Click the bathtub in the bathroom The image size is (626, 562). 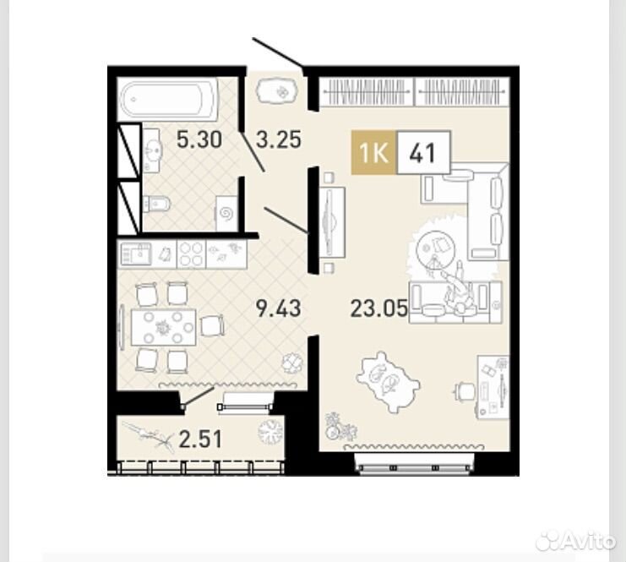click(167, 100)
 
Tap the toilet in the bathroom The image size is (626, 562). click(156, 204)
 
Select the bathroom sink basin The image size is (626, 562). click(153, 150)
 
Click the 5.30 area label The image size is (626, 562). click(199, 140)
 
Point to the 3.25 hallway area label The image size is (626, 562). click(279, 139)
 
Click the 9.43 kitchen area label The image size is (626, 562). click(279, 308)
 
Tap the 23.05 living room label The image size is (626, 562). click(378, 308)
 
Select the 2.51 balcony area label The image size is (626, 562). click(200, 439)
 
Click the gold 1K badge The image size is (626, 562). click(373, 152)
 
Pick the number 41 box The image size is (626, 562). click(423, 152)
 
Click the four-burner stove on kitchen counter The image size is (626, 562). click(191, 254)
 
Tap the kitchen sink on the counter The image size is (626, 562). click(136, 254)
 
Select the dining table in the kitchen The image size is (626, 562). click(163, 328)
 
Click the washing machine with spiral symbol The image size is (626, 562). click(227, 213)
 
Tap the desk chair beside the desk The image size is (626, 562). click(465, 390)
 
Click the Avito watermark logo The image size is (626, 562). click(575, 541)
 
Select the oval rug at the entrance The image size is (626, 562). click(277, 92)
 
